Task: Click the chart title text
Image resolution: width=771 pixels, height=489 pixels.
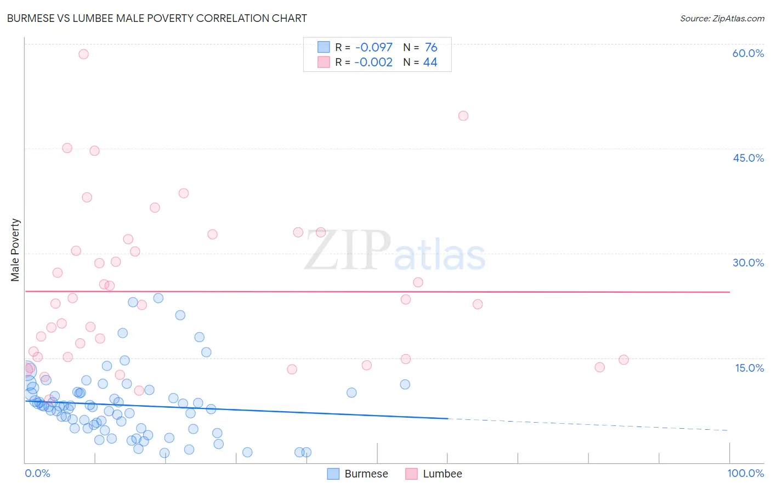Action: (157, 18)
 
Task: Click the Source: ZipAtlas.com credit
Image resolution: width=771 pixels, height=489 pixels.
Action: (722, 19)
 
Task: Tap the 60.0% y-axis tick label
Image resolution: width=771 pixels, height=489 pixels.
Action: (748, 53)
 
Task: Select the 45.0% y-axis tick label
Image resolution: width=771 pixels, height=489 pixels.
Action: (748, 158)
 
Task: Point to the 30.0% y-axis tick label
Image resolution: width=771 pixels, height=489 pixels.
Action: (748, 263)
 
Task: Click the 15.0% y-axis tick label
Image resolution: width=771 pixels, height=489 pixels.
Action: (749, 368)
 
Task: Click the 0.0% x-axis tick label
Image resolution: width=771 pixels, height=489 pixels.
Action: (37, 473)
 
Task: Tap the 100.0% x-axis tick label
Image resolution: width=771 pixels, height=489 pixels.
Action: (745, 473)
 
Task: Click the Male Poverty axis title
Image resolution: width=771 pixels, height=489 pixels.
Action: (15, 250)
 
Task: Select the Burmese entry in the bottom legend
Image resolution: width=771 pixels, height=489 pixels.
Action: (358, 474)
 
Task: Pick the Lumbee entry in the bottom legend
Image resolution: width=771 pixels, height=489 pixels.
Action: (434, 474)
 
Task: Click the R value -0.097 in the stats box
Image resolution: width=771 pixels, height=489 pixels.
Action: (373, 48)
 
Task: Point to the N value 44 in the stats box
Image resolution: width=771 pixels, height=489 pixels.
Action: (430, 62)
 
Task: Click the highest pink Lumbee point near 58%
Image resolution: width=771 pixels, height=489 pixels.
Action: (83, 54)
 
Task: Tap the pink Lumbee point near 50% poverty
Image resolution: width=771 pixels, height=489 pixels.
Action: (463, 116)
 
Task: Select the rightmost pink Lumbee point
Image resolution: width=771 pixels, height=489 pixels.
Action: (623, 360)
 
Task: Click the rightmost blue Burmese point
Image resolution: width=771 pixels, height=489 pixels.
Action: (405, 384)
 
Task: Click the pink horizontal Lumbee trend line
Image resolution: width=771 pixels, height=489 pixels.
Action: (384, 292)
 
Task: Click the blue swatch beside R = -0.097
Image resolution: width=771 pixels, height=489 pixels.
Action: (324, 48)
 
